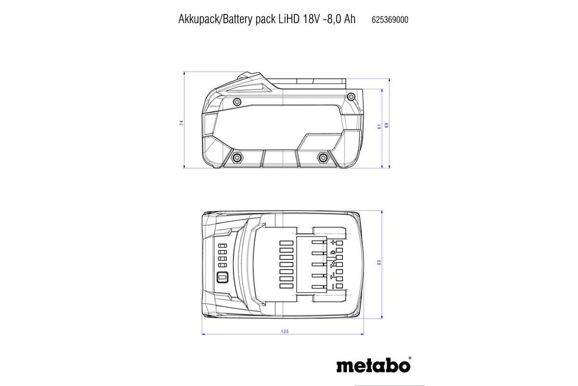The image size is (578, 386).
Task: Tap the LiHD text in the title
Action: [288, 19]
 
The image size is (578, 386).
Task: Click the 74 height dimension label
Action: [181, 123]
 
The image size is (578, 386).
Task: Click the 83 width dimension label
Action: [379, 262]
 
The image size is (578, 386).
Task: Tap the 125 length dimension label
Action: [284, 331]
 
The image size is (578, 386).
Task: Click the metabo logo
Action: [373, 365]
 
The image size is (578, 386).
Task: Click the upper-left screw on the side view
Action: [237, 101]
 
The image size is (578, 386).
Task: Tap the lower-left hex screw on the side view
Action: [237, 158]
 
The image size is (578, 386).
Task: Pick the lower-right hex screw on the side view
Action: [321, 158]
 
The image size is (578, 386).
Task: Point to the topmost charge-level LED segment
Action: [223, 246]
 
